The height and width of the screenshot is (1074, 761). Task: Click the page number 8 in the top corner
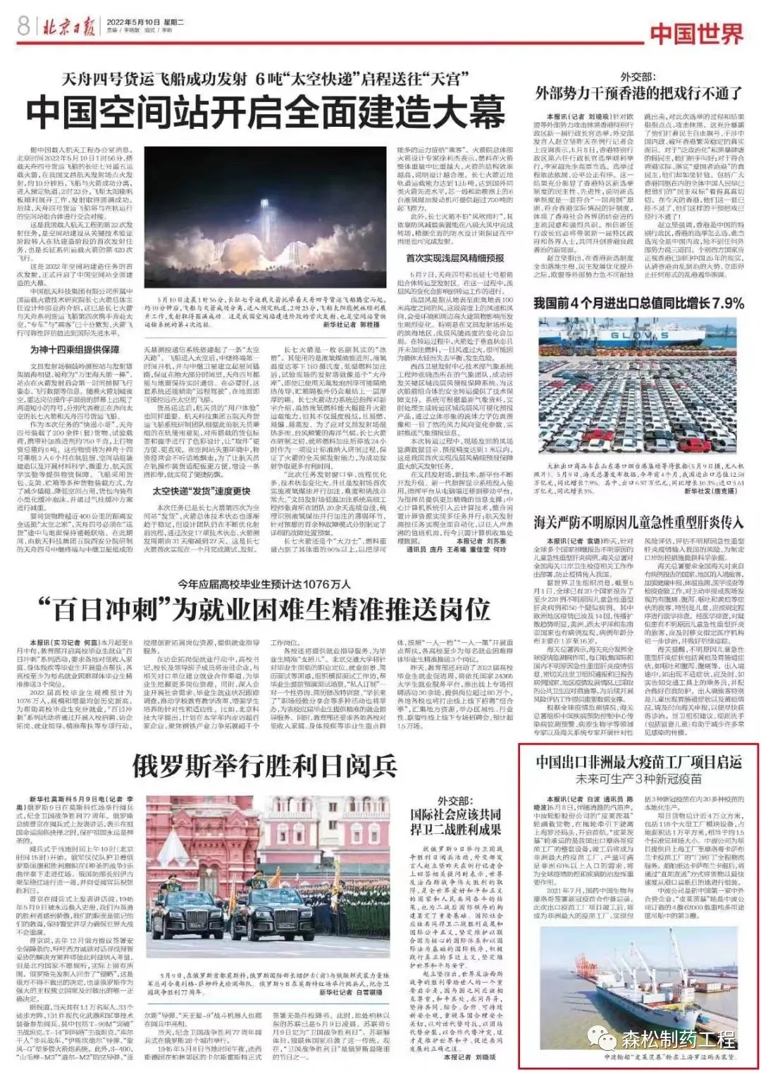tap(23, 26)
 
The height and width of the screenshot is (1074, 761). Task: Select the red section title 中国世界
tap(695, 33)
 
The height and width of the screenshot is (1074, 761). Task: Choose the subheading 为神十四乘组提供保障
tap(75, 350)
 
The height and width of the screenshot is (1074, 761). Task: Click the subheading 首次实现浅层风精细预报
tap(455, 259)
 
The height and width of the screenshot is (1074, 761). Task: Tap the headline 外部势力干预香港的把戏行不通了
tap(639, 93)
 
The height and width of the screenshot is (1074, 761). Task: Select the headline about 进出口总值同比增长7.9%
tap(639, 303)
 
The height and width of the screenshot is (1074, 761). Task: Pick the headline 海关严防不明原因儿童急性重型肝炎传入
tap(639, 523)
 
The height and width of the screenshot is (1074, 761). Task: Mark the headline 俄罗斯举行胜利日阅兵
tap(264, 766)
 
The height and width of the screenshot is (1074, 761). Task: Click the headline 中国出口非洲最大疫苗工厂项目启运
tap(638, 763)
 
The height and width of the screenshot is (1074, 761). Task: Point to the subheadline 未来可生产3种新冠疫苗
tap(638, 780)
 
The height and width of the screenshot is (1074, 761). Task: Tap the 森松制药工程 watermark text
tap(678, 1039)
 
